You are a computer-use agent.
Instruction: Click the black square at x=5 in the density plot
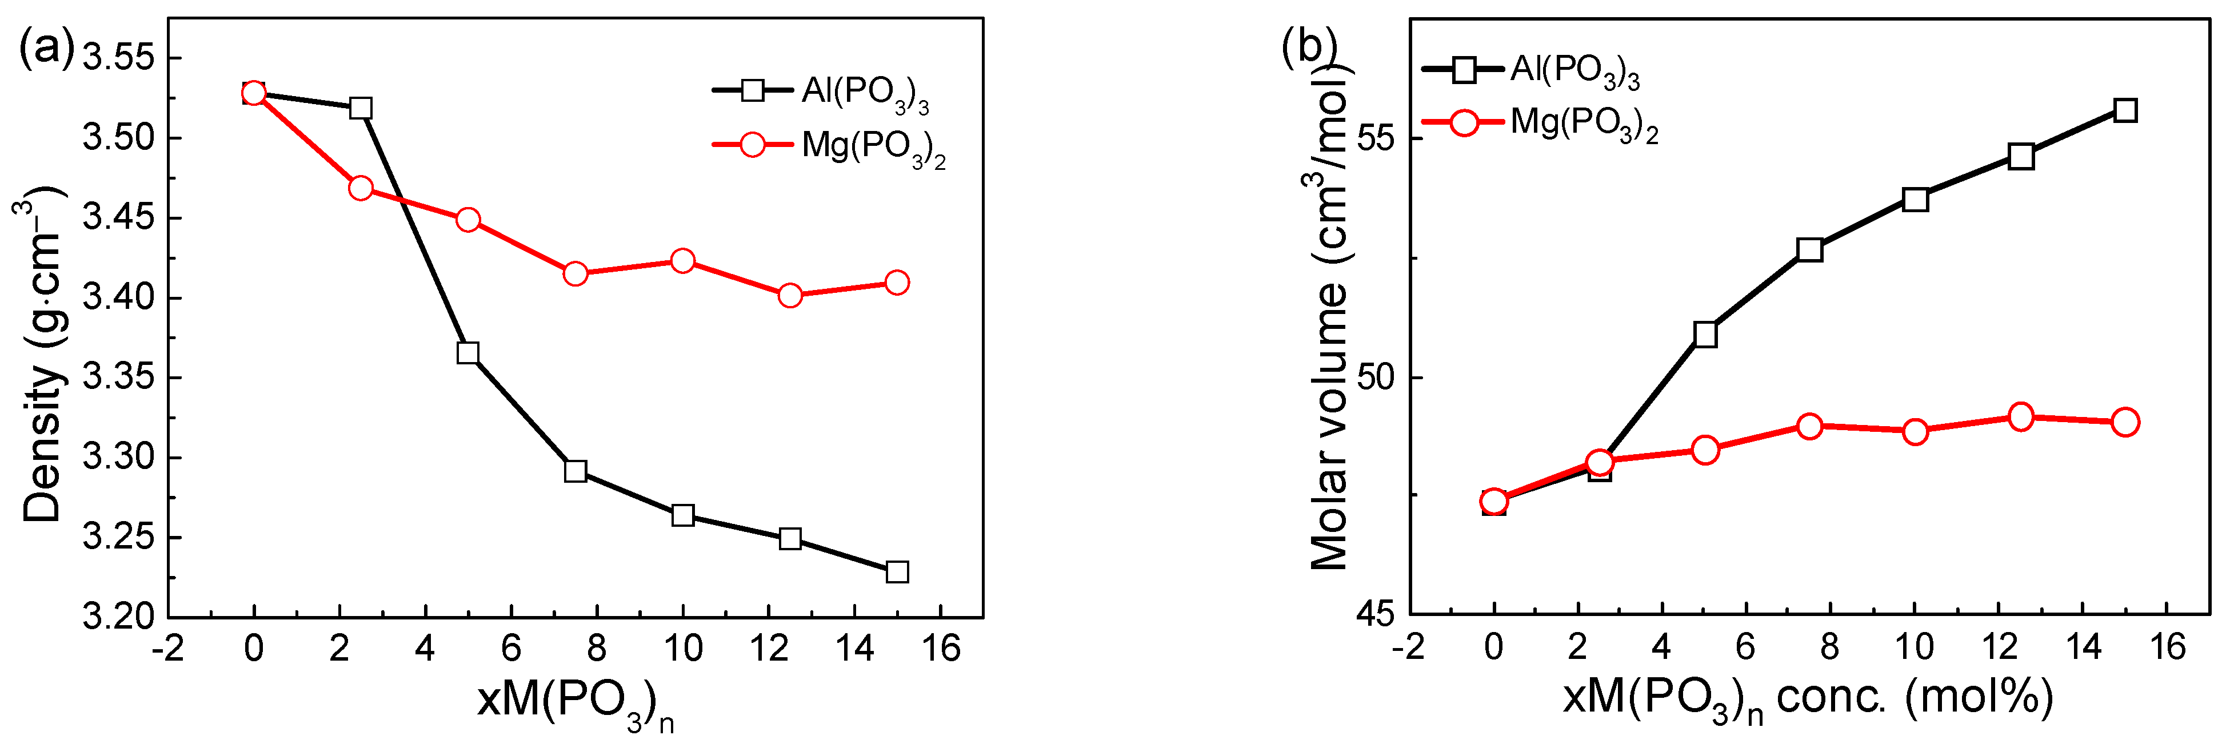[x=467, y=353]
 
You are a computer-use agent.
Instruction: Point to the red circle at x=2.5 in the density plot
[x=361, y=188]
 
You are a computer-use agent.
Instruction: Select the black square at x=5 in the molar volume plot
[x=1705, y=335]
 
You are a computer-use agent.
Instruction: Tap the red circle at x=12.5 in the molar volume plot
[x=2020, y=417]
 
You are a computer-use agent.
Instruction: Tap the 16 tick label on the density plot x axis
[x=940, y=649]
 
